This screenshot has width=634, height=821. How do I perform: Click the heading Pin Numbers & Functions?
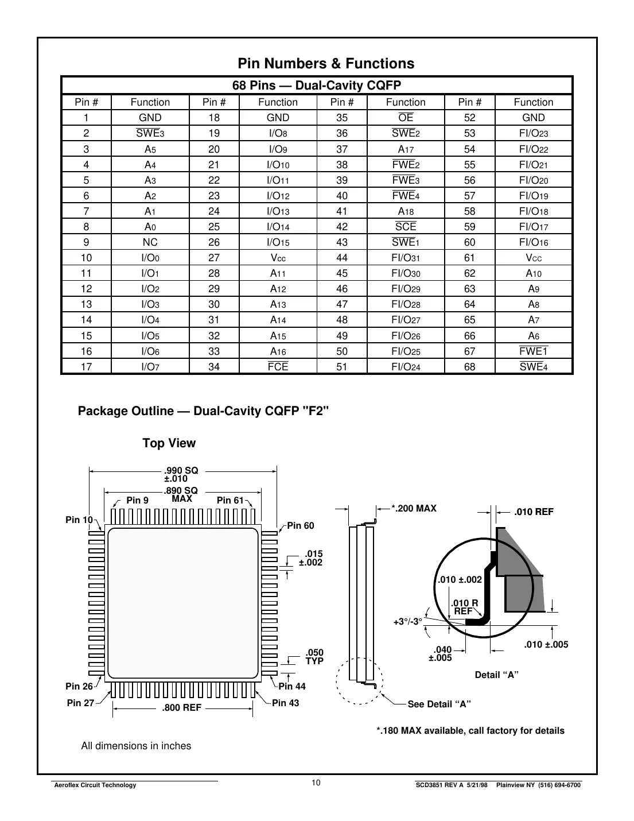326,64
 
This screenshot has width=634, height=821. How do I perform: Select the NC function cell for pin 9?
150,242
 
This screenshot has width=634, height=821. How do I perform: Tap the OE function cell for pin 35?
406,118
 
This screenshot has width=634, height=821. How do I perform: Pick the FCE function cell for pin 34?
278,366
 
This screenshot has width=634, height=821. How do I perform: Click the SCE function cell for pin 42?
406,227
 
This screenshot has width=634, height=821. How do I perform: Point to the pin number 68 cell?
469,366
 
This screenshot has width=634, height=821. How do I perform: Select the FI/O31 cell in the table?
406,258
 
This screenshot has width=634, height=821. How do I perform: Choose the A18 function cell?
406,211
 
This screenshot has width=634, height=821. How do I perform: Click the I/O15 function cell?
278,242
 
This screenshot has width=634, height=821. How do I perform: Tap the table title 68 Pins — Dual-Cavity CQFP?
316,86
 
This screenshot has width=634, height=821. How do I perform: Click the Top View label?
169,443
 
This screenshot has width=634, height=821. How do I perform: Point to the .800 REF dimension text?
182,708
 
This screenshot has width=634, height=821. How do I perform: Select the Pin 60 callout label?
301,525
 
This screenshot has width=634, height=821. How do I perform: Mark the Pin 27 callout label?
80,703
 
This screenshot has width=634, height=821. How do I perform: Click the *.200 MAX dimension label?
414,508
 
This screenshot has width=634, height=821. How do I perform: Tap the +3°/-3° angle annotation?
407,621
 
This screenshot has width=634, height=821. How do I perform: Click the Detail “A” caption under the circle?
496,675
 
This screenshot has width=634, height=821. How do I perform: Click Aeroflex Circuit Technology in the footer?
95,785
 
